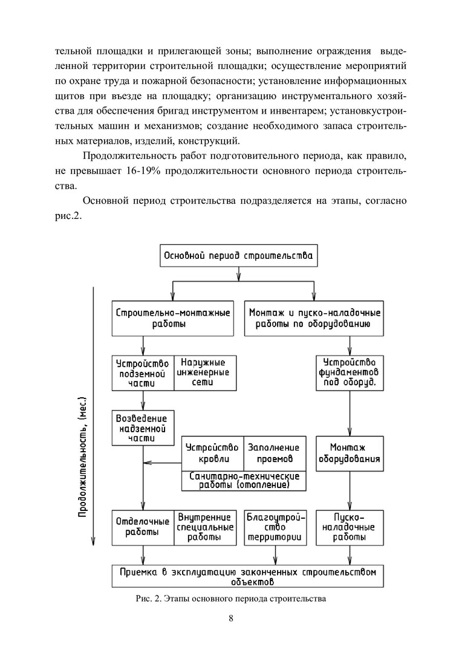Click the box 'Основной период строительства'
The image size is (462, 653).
coord(238,255)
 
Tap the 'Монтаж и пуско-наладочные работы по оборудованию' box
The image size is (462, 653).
coord(314,318)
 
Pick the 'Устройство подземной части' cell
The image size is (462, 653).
coord(143,373)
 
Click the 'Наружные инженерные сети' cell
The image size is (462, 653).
coord(205,373)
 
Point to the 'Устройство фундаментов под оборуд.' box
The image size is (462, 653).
coord(351,373)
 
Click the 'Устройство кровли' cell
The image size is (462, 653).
coord(212,453)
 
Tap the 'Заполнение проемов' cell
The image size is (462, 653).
coord(275,453)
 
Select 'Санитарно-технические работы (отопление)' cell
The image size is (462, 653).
coord(244,481)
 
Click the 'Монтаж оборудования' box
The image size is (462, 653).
coord(351,453)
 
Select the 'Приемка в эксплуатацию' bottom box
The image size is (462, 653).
coord(248,576)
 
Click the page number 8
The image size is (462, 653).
coord(231,618)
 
